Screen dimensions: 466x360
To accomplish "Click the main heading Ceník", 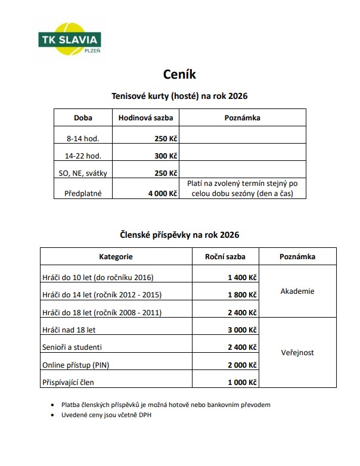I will pyautogui.click(x=179, y=74).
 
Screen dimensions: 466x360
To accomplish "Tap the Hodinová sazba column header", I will pyautogui.click(x=145, y=117).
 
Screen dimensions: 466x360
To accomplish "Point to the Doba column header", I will pyautogui.click(x=83, y=117).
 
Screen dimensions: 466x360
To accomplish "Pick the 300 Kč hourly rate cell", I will pyautogui.click(x=166, y=156).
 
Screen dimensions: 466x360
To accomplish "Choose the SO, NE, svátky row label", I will pyautogui.click(x=83, y=173).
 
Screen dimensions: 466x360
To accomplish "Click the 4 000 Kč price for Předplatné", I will pyautogui.click(x=163, y=193).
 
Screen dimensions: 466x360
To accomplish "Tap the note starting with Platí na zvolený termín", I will pyautogui.click(x=242, y=188).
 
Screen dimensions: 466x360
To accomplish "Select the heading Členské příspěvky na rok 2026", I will pyautogui.click(x=179, y=235).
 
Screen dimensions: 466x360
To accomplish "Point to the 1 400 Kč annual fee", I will pyautogui.click(x=242, y=277).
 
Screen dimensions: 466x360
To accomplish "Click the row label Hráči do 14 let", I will pyautogui.click(x=102, y=294).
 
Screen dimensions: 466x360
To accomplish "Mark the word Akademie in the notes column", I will pyautogui.click(x=297, y=291).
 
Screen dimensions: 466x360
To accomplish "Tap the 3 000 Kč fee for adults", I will pyautogui.click(x=242, y=330).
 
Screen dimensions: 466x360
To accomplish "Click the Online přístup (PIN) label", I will pyautogui.click(x=76, y=365).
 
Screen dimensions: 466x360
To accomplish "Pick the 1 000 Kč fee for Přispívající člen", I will pyautogui.click(x=242, y=382).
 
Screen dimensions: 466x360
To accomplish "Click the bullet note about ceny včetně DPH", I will pyautogui.click(x=106, y=415).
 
